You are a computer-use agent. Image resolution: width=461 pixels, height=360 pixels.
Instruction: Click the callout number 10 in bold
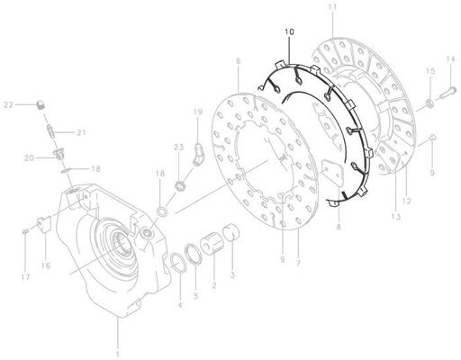pyautogui.click(x=289, y=32)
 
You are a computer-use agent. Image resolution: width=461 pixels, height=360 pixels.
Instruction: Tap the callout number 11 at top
pyautogui.click(x=332, y=7)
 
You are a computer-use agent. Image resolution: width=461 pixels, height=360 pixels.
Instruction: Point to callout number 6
pyautogui.click(x=238, y=61)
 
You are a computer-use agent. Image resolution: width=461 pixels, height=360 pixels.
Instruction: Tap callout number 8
pyautogui.click(x=338, y=229)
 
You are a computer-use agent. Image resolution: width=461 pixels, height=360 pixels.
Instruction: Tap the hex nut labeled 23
pyautogui.click(x=178, y=186)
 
